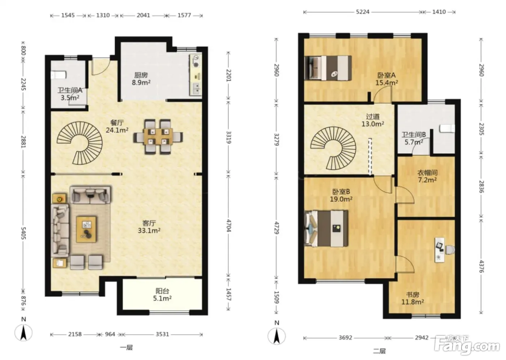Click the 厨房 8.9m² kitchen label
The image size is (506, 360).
click(x=141, y=79)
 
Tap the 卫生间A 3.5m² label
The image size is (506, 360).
click(x=70, y=94)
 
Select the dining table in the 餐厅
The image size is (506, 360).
click(x=158, y=137)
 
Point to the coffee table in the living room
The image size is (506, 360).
click(x=86, y=229)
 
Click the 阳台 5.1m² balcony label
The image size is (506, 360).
click(x=162, y=295)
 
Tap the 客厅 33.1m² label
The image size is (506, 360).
click(x=149, y=227)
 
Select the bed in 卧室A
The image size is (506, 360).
click(x=328, y=68)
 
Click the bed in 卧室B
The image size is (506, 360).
click(x=326, y=228)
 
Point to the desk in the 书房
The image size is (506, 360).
click(x=439, y=250)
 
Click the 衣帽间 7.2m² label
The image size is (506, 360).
click(x=427, y=176)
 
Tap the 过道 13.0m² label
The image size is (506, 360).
click(x=373, y=120)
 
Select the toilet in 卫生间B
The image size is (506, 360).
click(x=447, y=129)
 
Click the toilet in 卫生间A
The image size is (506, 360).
click(x=59, y=75)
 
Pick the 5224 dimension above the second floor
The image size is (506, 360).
click(x=363, y=12)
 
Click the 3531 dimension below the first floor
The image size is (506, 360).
click(x=162, y=334)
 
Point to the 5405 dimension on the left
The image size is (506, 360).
click(x=23, y=233)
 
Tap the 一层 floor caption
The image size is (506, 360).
click(x=126, y=348)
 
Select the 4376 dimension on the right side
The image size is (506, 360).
click(x=481, y=266)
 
